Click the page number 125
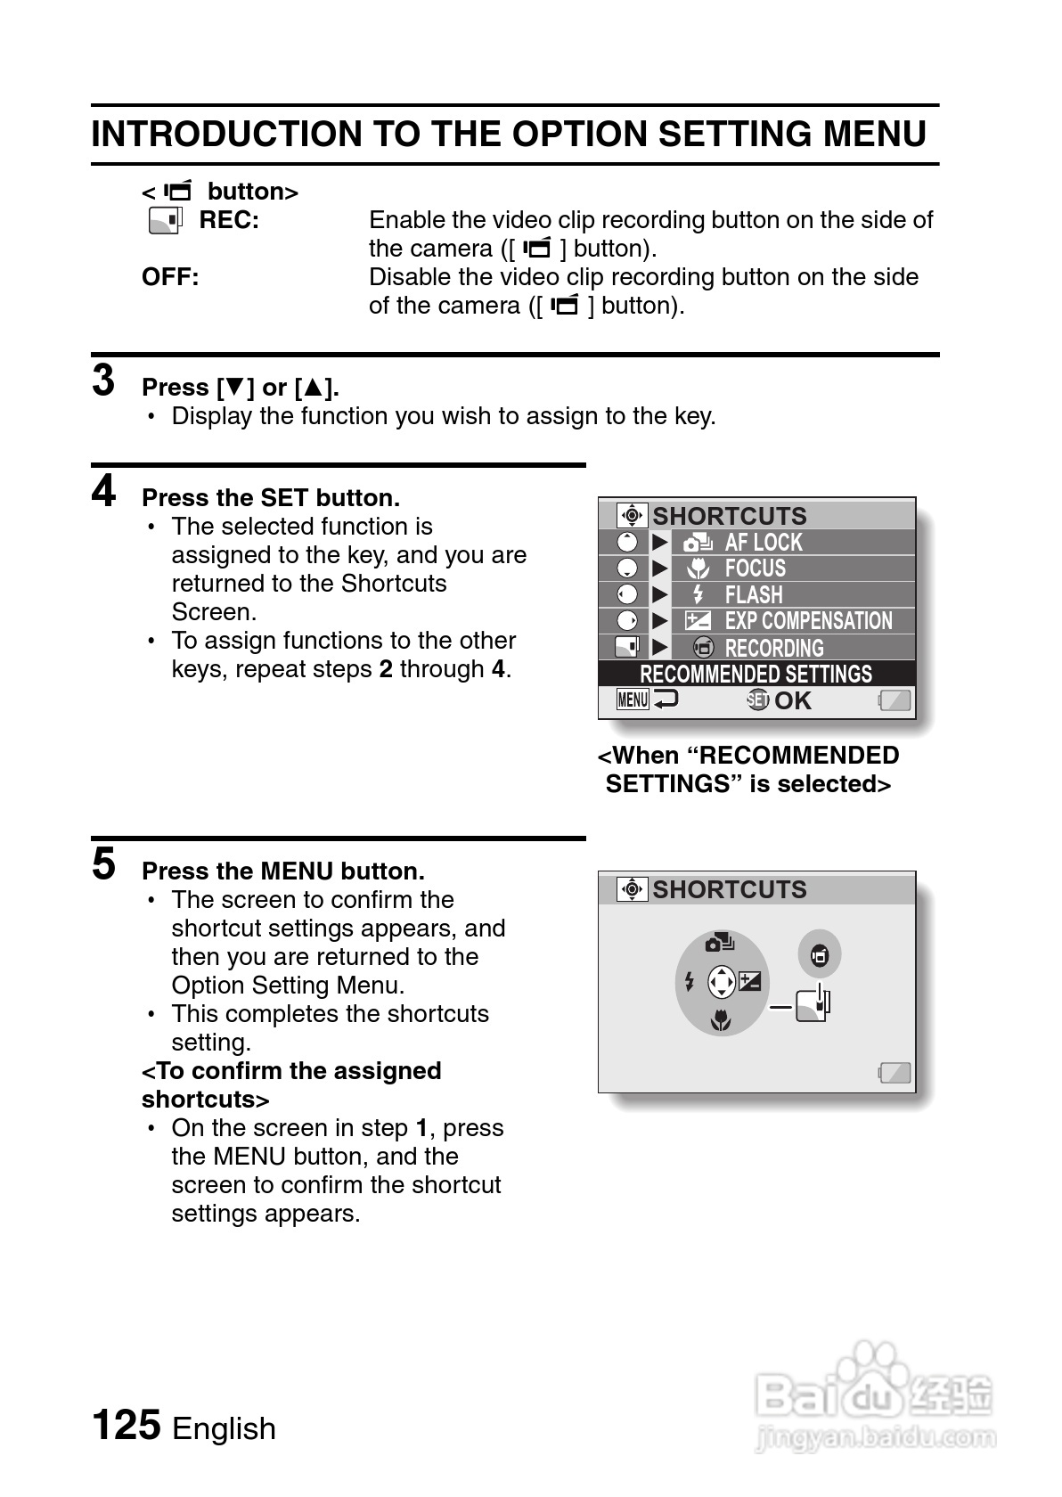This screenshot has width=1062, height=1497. [127, 1425]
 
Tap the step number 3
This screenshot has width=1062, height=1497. [103, 381]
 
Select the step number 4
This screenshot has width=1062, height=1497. [103, 492]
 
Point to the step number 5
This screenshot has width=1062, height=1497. [103, 864]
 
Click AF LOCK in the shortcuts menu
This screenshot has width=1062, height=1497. [763, 542]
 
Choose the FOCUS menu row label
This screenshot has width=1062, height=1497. [755, 569]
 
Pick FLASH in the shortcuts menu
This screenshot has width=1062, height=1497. [753, 594]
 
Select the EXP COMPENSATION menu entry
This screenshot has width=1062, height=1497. [807, 621]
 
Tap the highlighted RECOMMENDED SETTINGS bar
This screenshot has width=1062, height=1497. [756, 674]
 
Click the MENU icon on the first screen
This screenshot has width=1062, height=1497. [633, 700]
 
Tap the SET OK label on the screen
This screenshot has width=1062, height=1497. [780, 700]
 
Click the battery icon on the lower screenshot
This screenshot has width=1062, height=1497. [895, 1072]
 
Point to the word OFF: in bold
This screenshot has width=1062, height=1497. [170, 277]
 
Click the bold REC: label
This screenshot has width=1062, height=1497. [229, 220]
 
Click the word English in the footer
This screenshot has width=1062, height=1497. [224, 1428]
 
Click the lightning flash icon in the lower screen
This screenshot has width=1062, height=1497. [689, 982]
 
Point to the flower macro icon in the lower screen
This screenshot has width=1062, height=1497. [721, 1021]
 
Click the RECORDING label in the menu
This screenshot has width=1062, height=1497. [773, 648]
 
